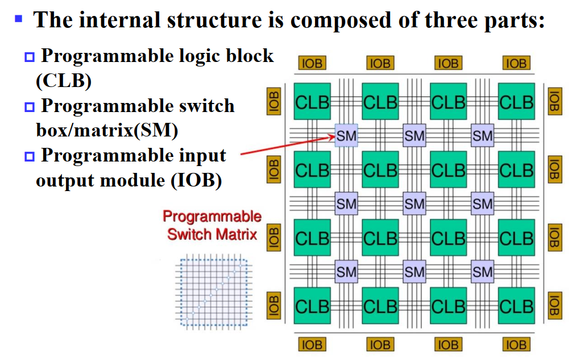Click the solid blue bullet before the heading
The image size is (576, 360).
[18, 18]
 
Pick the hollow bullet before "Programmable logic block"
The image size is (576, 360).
[29, 57]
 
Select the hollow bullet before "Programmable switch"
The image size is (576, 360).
[29, 106]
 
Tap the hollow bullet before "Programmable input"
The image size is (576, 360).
[29, 156]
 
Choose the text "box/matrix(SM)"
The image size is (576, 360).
[107, 130]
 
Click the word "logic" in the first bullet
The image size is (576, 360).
[198, 56]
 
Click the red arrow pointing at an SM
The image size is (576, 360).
[284, 145]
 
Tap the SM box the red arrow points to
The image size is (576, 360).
[346, 135]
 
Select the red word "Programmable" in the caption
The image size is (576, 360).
[212, 217]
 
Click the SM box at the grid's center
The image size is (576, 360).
[414, 203]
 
